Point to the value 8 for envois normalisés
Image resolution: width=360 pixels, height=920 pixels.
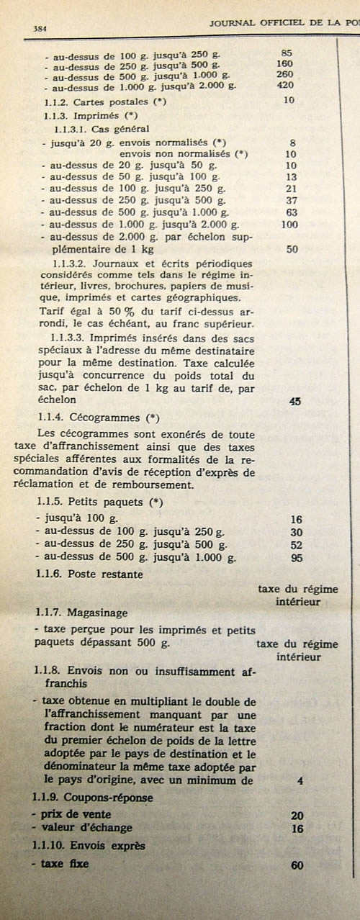291,143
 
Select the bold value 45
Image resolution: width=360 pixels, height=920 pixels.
294,401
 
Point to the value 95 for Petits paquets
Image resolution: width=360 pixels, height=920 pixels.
295,556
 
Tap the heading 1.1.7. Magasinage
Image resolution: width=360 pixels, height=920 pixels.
81,613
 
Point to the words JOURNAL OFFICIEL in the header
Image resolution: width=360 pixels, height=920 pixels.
256,22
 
